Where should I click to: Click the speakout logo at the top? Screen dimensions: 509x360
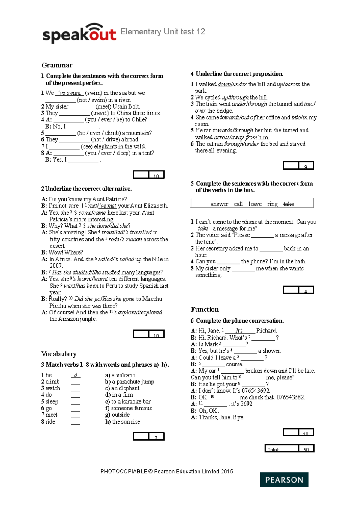point(79,33)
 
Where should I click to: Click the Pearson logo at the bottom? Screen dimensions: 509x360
point(284,480)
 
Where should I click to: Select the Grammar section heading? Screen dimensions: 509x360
point(57,65)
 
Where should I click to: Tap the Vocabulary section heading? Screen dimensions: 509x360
point(59,354)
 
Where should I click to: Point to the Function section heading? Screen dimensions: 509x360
point(205,310)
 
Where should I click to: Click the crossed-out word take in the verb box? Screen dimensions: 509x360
point(289,204)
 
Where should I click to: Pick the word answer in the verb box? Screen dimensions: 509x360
point(219,204)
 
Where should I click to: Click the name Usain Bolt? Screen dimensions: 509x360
point(126,106)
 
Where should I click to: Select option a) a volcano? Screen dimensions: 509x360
point(120,375)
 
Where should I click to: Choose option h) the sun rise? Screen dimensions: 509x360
point(123,422)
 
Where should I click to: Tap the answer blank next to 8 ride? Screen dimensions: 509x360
point(76,422)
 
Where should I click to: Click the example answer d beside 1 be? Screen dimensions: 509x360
point(76,375)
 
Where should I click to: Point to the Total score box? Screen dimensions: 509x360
point(289,448)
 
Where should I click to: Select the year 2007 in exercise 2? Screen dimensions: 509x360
point(56,266)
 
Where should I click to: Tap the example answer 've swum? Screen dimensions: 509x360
point(69,93)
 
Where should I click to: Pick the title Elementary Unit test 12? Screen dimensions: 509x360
point(163,32)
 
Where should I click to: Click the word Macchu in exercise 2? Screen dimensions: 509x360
point(152,299)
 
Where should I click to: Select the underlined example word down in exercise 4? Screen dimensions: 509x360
point(224,85)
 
